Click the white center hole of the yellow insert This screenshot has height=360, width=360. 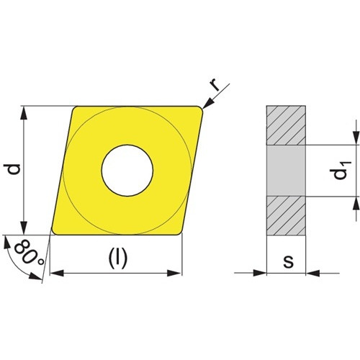[x=127, y=171]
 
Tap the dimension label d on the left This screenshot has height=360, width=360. [x=13, y=169]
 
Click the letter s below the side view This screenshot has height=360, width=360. [x=288, y=261]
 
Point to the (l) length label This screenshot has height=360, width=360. [x=117, y=258]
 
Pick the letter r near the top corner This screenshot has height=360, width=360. [x=215, y=85]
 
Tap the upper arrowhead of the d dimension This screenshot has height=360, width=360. [x=24, y=113]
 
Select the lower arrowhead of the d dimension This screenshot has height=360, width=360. [x=24, y=228]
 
